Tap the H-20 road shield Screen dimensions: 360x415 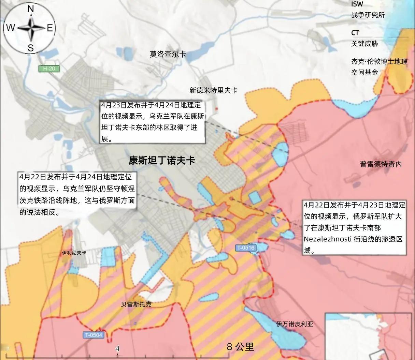pyautogui.click(x=49, y=69)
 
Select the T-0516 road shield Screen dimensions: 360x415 pyautogui.click(x=245, y=248)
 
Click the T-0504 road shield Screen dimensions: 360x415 pyautogui.click(x=93, y=335)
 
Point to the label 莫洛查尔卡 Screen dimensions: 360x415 pyautogui.click(x=168, y=54)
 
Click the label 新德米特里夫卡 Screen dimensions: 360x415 pyautogui.click(x=213, y=90)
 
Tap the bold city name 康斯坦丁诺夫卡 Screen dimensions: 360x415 pyautogui.click(x=162, y=160)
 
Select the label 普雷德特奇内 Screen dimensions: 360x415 pyautogui.click(x=381, y=164)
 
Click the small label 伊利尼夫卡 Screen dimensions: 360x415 pyautogui.click(x=74, y=253)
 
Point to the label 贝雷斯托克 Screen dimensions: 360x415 pyautogui.click(x=136, y=304)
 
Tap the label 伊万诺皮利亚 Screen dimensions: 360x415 pyautogui.click(x=295, y=324)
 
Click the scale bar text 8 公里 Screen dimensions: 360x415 pyautogui.click(x=241, y=347)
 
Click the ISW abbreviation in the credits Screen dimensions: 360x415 pyautogui.click(x=357, y=4)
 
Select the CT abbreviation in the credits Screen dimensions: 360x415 pyautogui.click(x=355, y=33)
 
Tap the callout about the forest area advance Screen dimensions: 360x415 pyautogui.click(x=152, y=122)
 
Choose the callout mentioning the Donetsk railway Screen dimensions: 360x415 pyautogui.click(x=77, y=194)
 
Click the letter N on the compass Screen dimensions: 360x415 pyautogui.click(x=30, y=9)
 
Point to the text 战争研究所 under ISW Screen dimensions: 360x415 pyautogui.click(x=368, y=15)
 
